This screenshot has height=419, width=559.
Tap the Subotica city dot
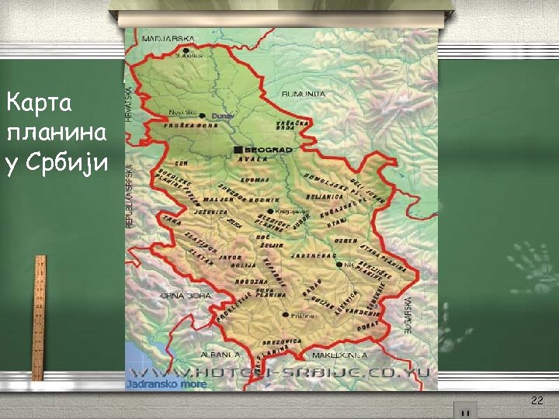[186, 51]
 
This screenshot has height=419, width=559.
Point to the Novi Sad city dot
[202, 115]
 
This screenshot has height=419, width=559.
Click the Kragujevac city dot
[269, 211]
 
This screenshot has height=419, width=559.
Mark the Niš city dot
[339, 265]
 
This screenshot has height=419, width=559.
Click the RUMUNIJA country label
[304, 94]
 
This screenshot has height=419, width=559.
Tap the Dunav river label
[222, 116]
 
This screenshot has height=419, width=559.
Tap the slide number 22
[536, 400]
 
